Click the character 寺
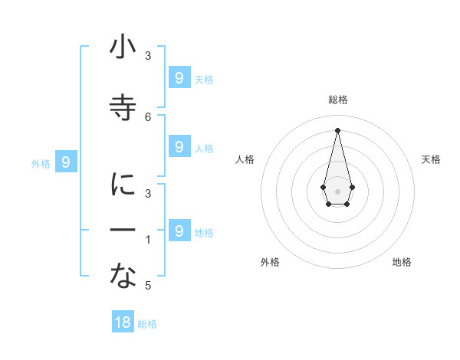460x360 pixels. click(x=123, y=106)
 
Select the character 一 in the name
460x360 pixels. click(x=123, y=230)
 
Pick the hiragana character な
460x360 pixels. click(x=123, y=277)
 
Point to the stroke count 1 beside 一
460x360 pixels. click(x=148, y=240)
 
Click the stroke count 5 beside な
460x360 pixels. click(x=148, y=286)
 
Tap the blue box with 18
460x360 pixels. click(x=123, y=322)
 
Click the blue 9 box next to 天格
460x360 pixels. click(x=179, y=77)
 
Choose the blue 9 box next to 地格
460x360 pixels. click(x=179, y=231)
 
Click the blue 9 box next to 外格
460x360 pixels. click(x=66, y=162)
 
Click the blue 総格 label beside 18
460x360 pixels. click(x=147, y=323)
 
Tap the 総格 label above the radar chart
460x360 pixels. click(x=337, y=100)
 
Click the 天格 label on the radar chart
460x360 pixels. click(x=431, y=159)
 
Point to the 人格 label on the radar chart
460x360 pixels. click(x=245, y=159)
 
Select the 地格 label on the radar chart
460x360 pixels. click(x=402, y=262)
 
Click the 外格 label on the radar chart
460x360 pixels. click(x=270, y=262)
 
